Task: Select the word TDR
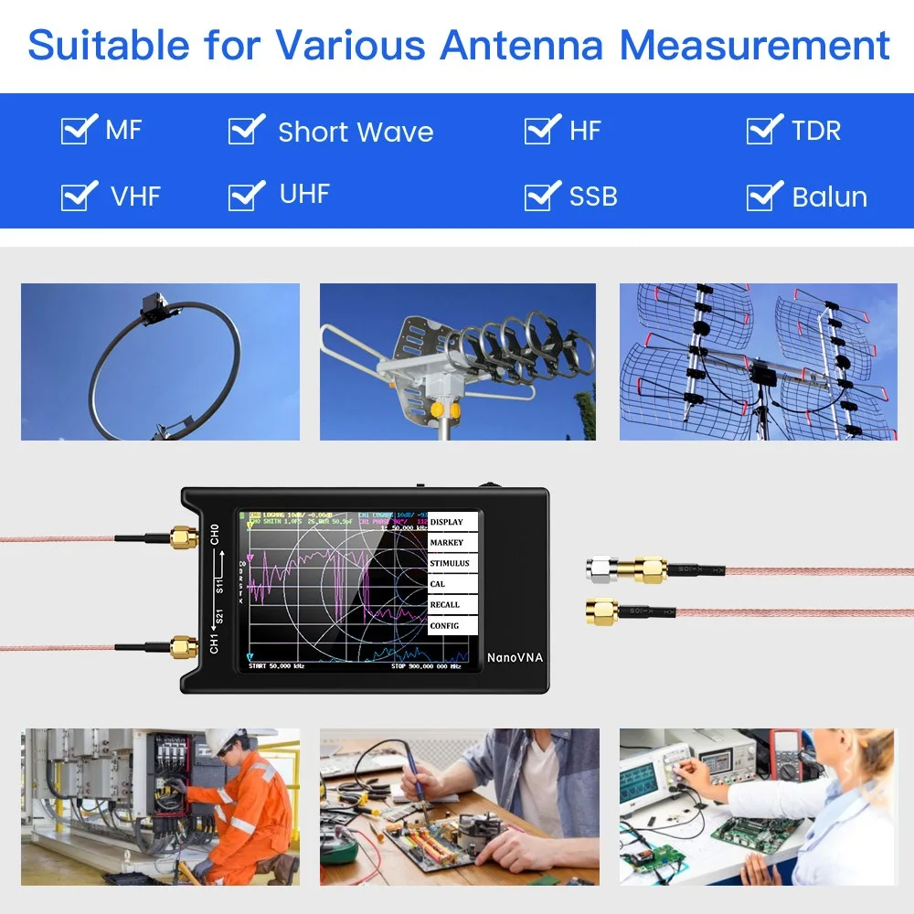[815, 131]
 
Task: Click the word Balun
[829, 197]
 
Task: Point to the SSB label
[593, 197]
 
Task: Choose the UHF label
[304, 194]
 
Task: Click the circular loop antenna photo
[160, 362]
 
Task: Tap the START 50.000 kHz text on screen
[277, 665]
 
